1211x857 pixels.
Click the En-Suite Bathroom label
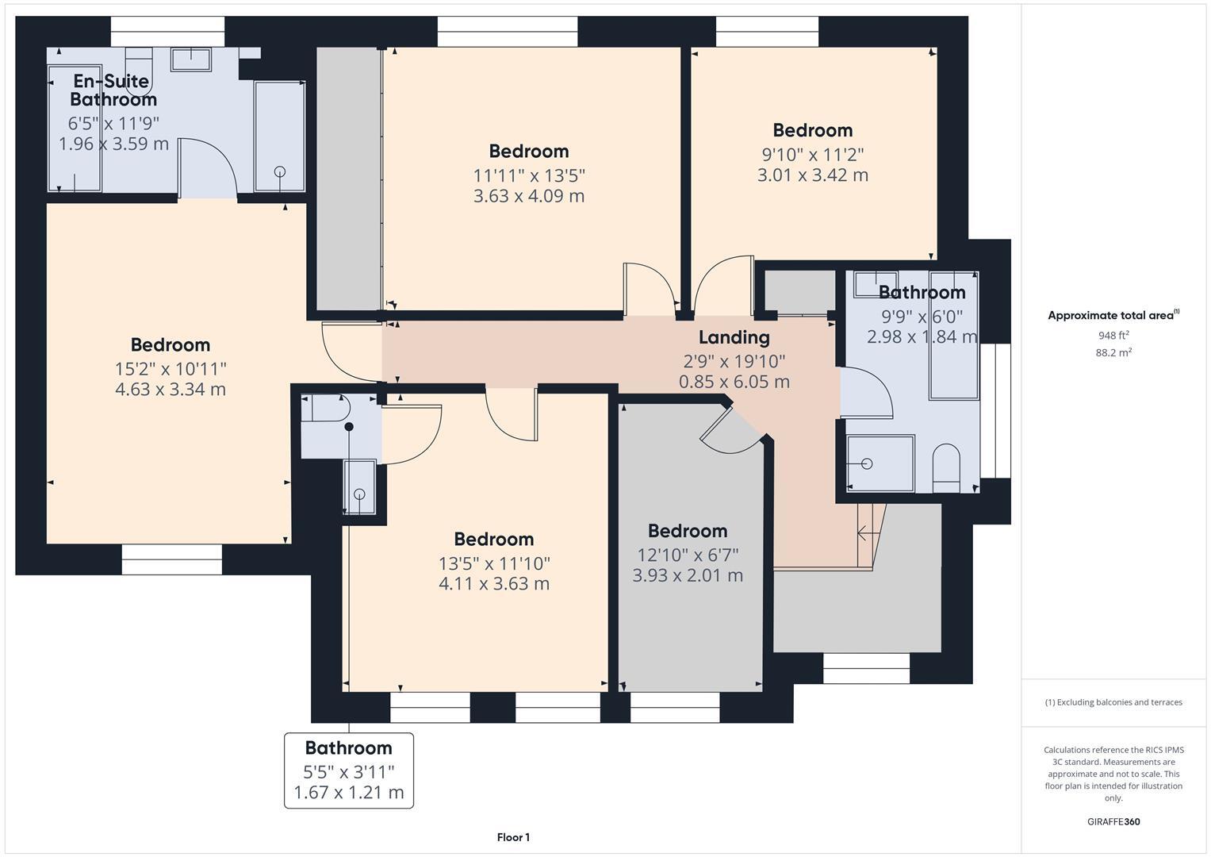pyautogui.click(x=113, y=90)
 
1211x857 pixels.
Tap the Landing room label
pyautogui.click(x=734, y=338)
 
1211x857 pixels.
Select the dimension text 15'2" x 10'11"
pyautogui.click(x=171, y=369)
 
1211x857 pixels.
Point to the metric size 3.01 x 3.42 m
pyautogui.click(x=812, y=175)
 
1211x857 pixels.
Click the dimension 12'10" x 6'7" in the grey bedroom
pyautogui.click(x=688, y=555)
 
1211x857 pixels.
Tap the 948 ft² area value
pyautogui.click(x=1113, y=336)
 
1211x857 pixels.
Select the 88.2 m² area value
pyautogui.click(x=1113, y=353)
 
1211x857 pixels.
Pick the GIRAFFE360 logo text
pyautogui.click(x=1113, y=822)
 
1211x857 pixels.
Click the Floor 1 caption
pyautogui.click(x=513, y=837)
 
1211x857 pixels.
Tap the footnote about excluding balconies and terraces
pyautogui.click(x=1113, y=702)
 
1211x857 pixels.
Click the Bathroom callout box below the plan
pyautogui.click(x=349, y=770)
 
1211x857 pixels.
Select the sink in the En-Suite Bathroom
pyautogui.click(x=190, y=60)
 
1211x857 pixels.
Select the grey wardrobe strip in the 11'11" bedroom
pyautogui.click(x=350, y=179)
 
